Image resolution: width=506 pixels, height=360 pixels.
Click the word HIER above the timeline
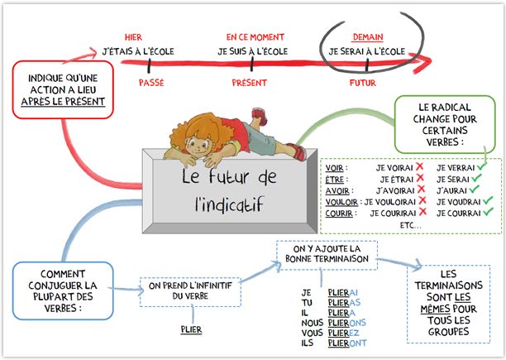(132, 38)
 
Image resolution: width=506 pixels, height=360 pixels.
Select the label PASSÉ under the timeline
(150, 83)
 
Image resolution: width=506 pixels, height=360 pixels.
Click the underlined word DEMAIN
(366, 38)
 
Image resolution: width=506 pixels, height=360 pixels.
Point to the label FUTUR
(362, 83)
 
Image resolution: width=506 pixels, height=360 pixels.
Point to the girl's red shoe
(259, 114)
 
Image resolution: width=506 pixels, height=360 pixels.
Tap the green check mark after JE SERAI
(482, 178)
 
